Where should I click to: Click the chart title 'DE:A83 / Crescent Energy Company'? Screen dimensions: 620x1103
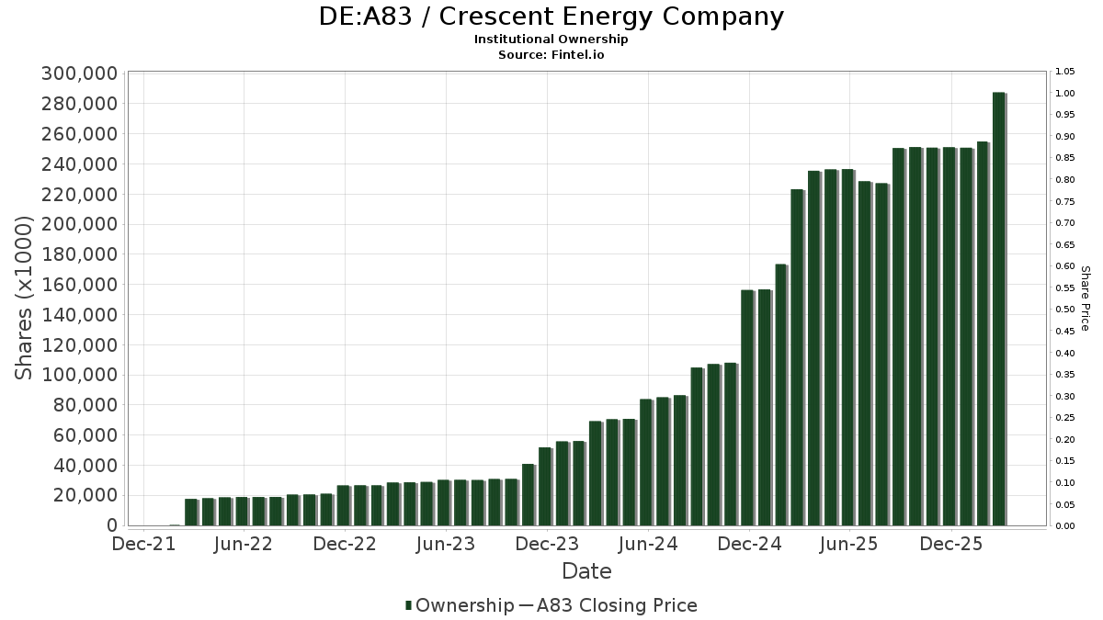551,17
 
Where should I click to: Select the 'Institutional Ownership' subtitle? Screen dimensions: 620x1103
551,39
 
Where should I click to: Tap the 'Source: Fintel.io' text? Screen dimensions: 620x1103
551,55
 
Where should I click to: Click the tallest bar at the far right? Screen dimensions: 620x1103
999,309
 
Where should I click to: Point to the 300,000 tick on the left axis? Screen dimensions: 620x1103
79,74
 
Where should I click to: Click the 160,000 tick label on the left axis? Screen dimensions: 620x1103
79,285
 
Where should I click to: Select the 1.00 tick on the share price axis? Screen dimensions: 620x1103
1065,94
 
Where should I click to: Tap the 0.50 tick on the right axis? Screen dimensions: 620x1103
1065,310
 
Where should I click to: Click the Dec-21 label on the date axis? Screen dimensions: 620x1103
142,544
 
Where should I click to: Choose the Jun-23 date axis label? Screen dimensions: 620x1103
445,544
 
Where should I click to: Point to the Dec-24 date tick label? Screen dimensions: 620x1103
748,544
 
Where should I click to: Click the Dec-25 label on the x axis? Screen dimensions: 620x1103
950,544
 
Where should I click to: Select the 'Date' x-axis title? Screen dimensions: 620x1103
586,571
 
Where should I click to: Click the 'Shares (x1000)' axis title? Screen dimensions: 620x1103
25,298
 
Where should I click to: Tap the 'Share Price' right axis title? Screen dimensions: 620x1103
1085,298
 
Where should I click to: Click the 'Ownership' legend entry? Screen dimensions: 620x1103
464,605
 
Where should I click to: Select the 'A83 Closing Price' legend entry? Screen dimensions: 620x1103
617,605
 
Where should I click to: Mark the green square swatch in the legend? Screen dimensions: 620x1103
408,605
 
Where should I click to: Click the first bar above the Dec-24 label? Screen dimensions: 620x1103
747,407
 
